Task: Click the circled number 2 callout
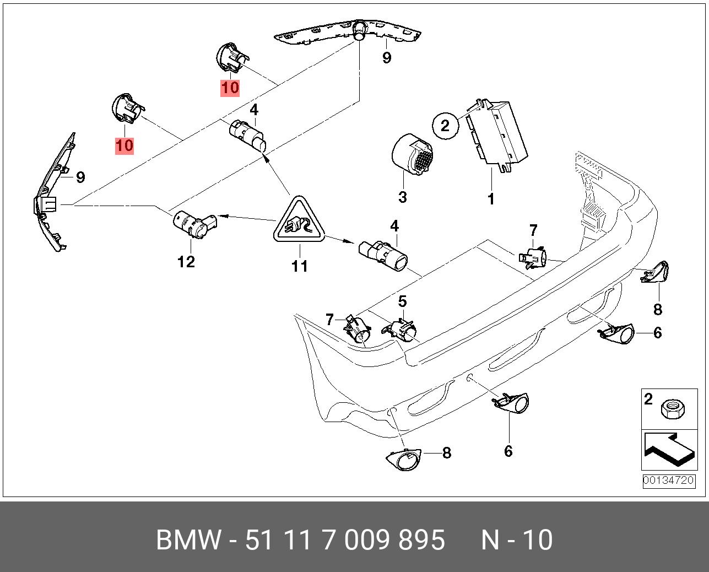pos(445,126)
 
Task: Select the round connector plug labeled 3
pos(412,156)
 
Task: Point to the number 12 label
pos(186,261)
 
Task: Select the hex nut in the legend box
pos(673,408)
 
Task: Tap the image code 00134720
pos(668,480)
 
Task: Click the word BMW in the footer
pos(188,540)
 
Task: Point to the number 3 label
pos(402,197)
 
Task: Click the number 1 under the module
pos(491,198)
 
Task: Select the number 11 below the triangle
pos(299,266)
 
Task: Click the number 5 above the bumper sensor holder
pos(402,301)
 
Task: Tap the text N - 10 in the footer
pos(516,540)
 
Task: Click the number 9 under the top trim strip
pos(386,57)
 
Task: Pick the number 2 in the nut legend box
pos(648,399)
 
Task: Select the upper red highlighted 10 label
pos(230,88)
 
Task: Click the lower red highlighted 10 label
pos(125,145)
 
